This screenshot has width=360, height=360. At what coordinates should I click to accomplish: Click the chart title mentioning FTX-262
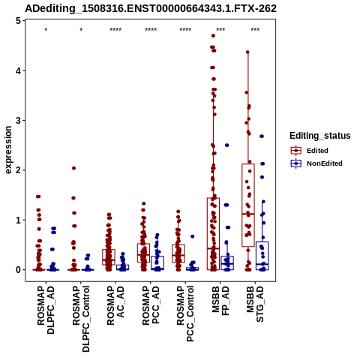point(151,8)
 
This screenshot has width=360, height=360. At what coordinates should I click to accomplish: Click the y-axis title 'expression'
point(8,150)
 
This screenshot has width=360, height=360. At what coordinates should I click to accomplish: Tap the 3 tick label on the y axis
point(18,120)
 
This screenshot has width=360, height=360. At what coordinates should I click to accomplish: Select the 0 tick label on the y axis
point(18,270)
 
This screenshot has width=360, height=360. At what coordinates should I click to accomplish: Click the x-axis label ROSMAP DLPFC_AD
point(46,310)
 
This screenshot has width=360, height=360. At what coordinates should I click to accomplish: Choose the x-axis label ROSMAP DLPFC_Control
point(81,319)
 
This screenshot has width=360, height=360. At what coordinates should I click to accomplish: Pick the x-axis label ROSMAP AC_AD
point(115,305)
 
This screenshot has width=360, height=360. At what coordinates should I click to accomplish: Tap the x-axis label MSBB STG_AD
point(255,304)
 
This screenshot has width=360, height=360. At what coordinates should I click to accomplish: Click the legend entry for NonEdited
point(316,163)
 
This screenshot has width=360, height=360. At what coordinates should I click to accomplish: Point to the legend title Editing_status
point(320,136)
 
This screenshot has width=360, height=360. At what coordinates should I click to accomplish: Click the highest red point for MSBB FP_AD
point(213,35)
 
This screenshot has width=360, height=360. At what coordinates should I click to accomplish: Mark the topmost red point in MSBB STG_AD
point(247,52)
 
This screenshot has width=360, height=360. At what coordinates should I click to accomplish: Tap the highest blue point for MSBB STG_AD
point(262,136)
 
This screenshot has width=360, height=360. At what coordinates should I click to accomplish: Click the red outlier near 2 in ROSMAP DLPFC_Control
point(73,168)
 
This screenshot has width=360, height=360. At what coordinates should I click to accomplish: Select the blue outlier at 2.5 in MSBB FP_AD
point(227,145)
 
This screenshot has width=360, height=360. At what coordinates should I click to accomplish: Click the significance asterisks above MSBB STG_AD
point(255,30)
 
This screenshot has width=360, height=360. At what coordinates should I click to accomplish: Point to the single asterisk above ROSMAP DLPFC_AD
point(46,30)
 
